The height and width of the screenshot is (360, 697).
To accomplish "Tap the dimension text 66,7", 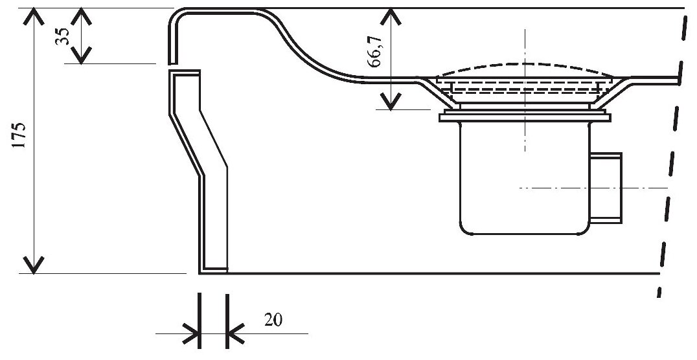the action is tap(374, 52).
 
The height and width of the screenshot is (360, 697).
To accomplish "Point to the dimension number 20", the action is tap(275, 320).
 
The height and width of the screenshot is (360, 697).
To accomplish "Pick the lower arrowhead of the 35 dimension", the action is tap(81, 54).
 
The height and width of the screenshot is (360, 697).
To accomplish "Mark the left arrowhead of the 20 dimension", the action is tap(191, 334).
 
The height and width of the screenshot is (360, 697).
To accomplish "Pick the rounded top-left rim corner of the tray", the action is tap(176, 17).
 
